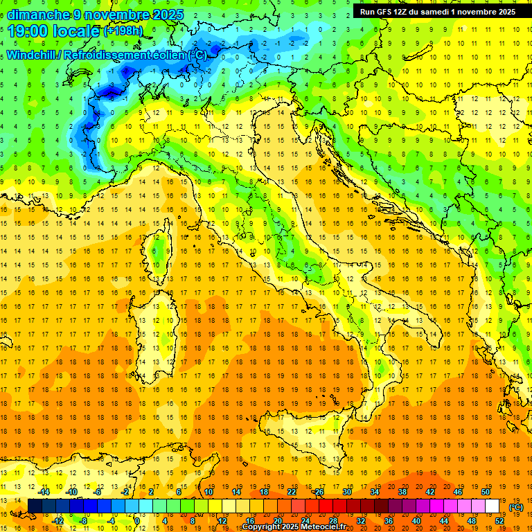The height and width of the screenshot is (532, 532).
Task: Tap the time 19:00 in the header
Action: [28, 31]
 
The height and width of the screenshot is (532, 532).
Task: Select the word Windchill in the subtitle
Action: [31, 54]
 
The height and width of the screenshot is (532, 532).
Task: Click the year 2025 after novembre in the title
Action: [168, 15]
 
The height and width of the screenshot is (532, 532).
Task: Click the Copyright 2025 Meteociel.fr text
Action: [297, 527]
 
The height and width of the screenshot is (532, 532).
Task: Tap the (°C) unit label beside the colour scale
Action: [516, 507]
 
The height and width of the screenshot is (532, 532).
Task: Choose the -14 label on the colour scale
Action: [44, 492]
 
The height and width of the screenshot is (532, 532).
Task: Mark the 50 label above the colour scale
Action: [486, 492]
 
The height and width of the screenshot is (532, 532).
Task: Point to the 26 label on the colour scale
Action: [319, 492]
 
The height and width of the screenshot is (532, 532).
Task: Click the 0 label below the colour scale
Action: [137, 520]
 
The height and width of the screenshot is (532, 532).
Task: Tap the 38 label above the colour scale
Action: [402, 492]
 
